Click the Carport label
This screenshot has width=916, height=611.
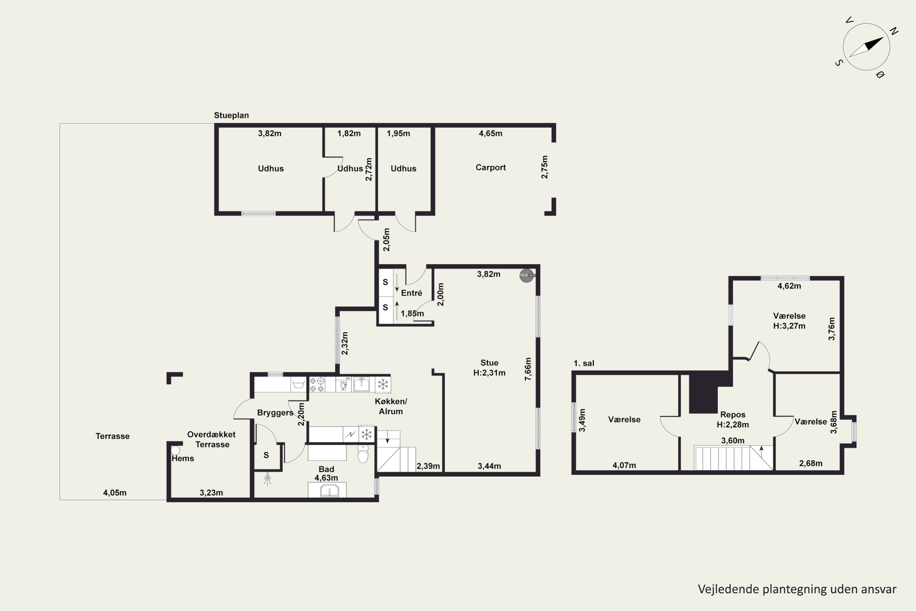click(490, 167)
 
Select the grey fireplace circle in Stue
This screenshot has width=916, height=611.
click(526, 276)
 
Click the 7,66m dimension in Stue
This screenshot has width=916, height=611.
click(528, 369)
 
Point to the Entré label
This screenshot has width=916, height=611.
click(411, 293)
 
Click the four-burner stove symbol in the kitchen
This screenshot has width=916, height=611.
click(317, 384)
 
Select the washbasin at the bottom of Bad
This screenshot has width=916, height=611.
click(329, 491)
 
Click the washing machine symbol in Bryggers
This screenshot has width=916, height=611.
click(298, 385)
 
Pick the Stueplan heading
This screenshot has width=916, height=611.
click(231, 115)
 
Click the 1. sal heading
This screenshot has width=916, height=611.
click(584, 364)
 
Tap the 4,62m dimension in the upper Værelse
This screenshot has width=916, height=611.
click(789, 286)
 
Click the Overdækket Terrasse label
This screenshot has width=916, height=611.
click(212, 440)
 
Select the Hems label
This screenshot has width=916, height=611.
click(183, 459)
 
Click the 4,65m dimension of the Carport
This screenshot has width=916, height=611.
click(490, 133)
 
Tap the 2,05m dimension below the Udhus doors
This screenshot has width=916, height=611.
click(386, 239)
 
